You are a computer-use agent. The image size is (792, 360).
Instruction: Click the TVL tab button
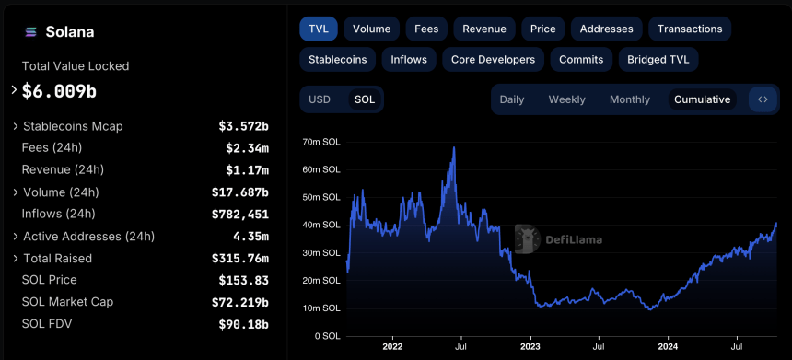(318, 29)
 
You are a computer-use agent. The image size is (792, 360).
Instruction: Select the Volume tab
(371, 29)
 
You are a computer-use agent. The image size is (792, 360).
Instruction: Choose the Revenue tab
(483, 29)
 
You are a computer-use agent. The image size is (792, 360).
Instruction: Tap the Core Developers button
(493, 60)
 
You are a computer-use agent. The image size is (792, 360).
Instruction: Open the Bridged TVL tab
(658, 60)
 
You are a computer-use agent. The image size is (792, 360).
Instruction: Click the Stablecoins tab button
(337, 60)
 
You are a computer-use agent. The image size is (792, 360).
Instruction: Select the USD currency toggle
(320, 99)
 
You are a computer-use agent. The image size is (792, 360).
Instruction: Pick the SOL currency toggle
(365, 99)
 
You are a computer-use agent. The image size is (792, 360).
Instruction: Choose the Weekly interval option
(566, 99)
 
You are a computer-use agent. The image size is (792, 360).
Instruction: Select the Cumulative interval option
(702, 99)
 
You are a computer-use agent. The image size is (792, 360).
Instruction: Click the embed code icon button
(763, 99)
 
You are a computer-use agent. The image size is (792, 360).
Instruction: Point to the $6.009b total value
(59, 91)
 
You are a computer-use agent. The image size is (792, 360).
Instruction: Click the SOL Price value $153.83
(243, 280)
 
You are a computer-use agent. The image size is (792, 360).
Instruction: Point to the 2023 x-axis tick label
(530, 347)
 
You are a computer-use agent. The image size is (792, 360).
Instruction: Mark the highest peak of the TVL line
(454, 147)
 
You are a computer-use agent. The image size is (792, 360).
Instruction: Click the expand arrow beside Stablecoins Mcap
(15, 126)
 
